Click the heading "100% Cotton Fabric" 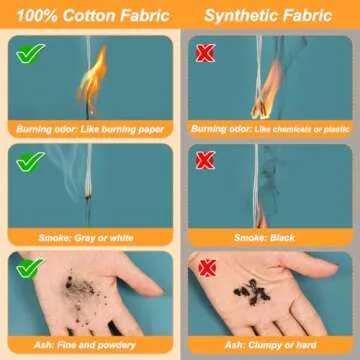pyautogui.click(x=93, y=16)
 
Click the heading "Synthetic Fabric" pyautogui.click(x=268, y=16)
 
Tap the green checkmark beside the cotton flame pyautogui.click(x=30, y=53)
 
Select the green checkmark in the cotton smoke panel pyautogui.click(x=30, y=162)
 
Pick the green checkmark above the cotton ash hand pyautogui.click(x=30, y=268)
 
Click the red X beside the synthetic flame pyautogui.click(x=205, y=53)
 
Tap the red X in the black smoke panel pyautogui.click(x=205, y=160)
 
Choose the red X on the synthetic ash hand pyautogui.click(x=207, y=268)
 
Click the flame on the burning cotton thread pyautogui.click(x=92, y=78)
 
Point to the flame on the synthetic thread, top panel pyautogui.click(x=267, y=90)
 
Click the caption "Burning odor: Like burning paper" pyautogui.click(x=90, y=129)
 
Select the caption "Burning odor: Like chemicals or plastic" pyautogui.click(x=270, y=129)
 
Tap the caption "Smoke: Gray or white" pyautogui.click(x=86, y=238)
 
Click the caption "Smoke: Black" pyautogui.click(x=264, y=238)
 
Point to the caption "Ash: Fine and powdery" pyautogui.click(x=85, y=345)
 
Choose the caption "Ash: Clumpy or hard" pyautogui.click(x=270, y=345)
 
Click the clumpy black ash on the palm pyautogui.click(x=252, y=292)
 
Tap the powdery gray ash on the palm pyautogui.click(x=79, y=287)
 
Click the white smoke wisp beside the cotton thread pyautogui.click(x=68, y=170)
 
